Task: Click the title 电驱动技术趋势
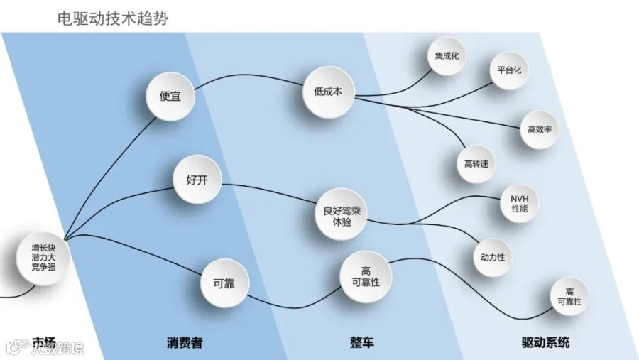112,18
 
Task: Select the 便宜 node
170,97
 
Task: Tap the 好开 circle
197,180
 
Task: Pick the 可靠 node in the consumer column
224,283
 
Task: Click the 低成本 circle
328,92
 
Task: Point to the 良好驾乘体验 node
342,216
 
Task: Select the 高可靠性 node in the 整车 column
366,276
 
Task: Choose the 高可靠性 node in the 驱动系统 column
569,296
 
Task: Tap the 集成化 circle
447,56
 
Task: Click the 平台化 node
509,70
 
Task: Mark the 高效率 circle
539,130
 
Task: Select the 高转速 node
476,164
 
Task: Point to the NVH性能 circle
519,204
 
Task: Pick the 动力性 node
492,257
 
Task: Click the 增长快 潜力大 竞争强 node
43,258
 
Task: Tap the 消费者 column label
185,342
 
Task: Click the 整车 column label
362,342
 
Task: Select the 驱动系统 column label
545,342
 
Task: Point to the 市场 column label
44,342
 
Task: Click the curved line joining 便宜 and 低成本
248,75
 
